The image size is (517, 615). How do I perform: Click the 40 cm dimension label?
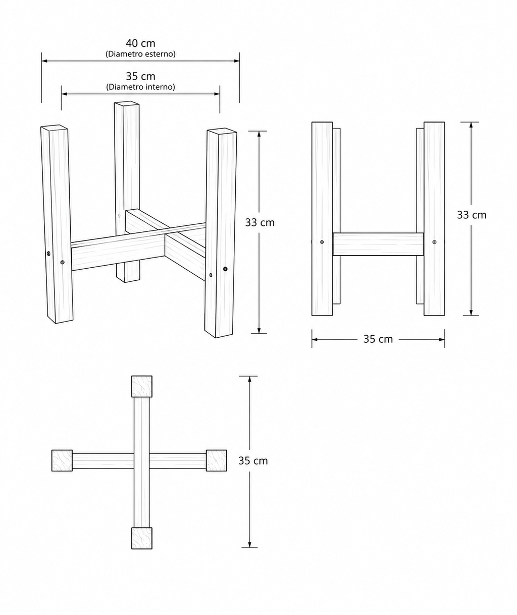pos(140,43)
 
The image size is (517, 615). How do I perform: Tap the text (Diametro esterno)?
pos(140,54)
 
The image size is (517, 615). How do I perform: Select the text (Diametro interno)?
pos(140,87)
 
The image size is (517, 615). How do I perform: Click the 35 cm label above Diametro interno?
pos(140,76)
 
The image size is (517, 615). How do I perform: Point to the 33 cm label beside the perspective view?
pos(260,223)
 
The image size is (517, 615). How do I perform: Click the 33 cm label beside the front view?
pos(472,215)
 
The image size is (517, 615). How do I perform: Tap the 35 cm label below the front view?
pos(378,339)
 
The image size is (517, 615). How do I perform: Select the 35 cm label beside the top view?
pos(253,461)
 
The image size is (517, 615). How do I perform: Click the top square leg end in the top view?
pos(142,387)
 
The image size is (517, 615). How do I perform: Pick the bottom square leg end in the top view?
pos(142,538)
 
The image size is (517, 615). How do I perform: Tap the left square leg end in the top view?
pos(62,460)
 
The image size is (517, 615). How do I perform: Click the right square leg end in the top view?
pos(216,460)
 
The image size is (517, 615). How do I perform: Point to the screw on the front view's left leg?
pos(322,242)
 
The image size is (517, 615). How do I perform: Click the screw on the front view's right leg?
pos(434,242)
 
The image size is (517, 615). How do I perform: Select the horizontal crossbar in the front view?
pos(378,244)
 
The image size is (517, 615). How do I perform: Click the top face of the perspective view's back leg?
pos(127,104)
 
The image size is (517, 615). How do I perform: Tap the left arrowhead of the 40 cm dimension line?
pos(44,61)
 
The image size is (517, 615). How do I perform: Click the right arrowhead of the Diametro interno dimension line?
pos(217,94)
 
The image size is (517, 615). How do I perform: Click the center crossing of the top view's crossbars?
pos(142,461)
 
